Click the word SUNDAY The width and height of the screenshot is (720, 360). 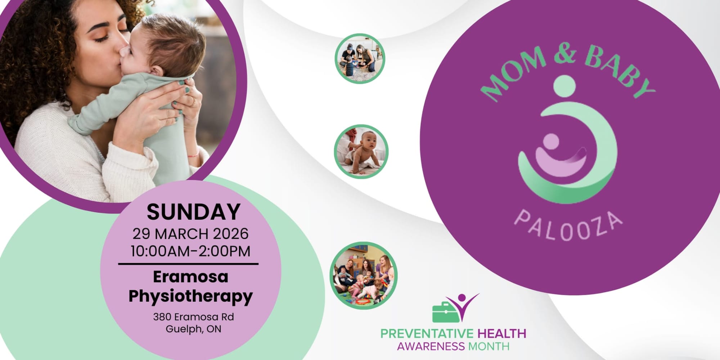coord(194,212)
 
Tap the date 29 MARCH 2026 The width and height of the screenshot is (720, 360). coord(190,234)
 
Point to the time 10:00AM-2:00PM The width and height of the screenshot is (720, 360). coord(190,251)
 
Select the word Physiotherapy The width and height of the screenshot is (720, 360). coord(190,297)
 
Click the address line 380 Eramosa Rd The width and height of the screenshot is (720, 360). coord(193,317)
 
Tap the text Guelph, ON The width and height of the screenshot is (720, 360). coord(193,329)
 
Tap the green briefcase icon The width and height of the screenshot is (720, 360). coord(446,312)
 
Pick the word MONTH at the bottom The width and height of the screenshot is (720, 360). coord(489,347)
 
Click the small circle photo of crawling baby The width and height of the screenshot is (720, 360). coord(361,152)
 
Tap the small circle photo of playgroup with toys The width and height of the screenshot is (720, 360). coord(364,275)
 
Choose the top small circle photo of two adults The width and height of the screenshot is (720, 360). coord(360,59)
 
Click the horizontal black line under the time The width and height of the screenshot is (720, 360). coord(188,264)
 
